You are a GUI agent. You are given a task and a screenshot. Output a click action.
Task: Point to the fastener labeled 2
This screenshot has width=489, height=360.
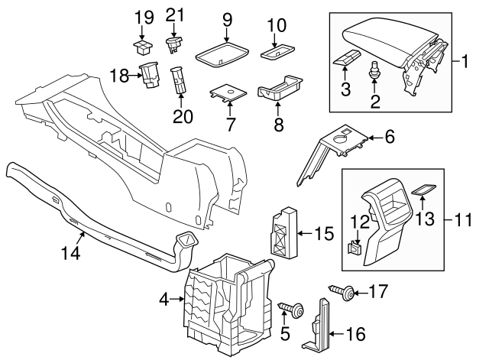(x=376, y=74)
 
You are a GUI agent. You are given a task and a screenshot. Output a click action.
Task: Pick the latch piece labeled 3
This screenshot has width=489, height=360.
(x=348, y=59)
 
